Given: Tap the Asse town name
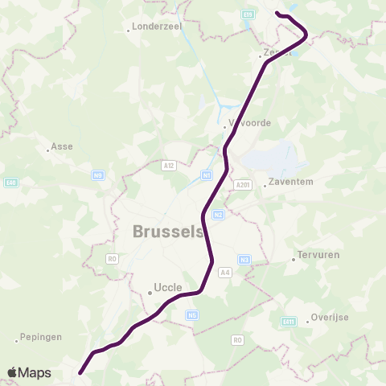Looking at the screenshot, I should (62, 147).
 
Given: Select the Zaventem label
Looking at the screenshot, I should (291, 182).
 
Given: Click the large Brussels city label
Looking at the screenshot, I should (167, 231).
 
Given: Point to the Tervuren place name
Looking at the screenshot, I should (318, 255).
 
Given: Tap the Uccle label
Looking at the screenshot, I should (169, 287).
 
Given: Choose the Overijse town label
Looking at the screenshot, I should (330, 318).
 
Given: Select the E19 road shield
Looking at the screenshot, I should (247, 14).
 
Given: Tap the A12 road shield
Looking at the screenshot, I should (168, 166).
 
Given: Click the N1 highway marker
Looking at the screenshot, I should (207, 175).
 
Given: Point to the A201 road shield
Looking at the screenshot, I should (244, 185).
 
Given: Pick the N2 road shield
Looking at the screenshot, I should (218, 214).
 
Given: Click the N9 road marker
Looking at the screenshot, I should (98, 175).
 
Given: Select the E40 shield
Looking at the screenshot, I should (10, 183).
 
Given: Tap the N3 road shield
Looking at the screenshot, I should (245, 258).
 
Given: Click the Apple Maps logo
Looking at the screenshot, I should (29, 372).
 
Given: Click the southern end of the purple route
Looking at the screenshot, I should (80, 372).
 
